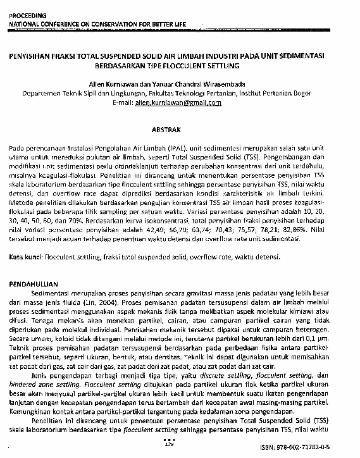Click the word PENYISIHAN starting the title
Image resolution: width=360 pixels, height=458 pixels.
tap(30, 55)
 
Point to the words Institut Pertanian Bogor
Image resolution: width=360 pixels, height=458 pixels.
tap(278, 92)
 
